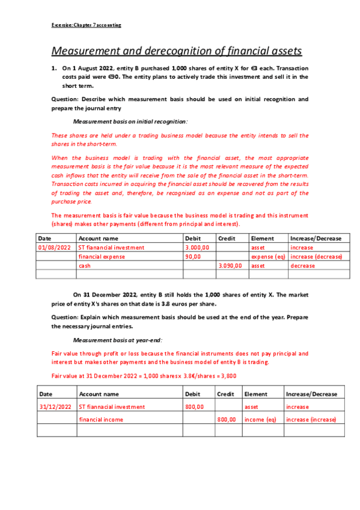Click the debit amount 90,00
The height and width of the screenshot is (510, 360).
192,256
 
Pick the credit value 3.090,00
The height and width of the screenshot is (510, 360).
230,265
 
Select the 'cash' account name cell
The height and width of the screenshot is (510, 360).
85,265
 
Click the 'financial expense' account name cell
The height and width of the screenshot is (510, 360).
102,256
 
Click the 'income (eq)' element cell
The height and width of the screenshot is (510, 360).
260,419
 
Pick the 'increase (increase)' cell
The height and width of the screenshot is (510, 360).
311,419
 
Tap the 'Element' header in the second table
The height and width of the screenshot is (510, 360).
255,394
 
